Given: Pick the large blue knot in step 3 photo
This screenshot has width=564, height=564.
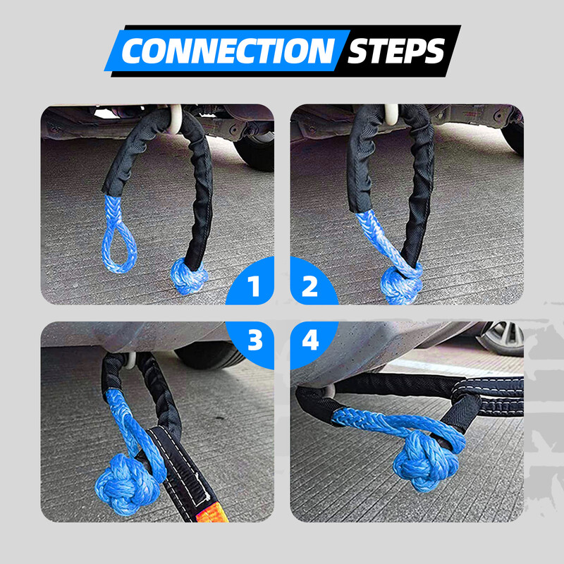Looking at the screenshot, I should [x=120, y=484].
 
